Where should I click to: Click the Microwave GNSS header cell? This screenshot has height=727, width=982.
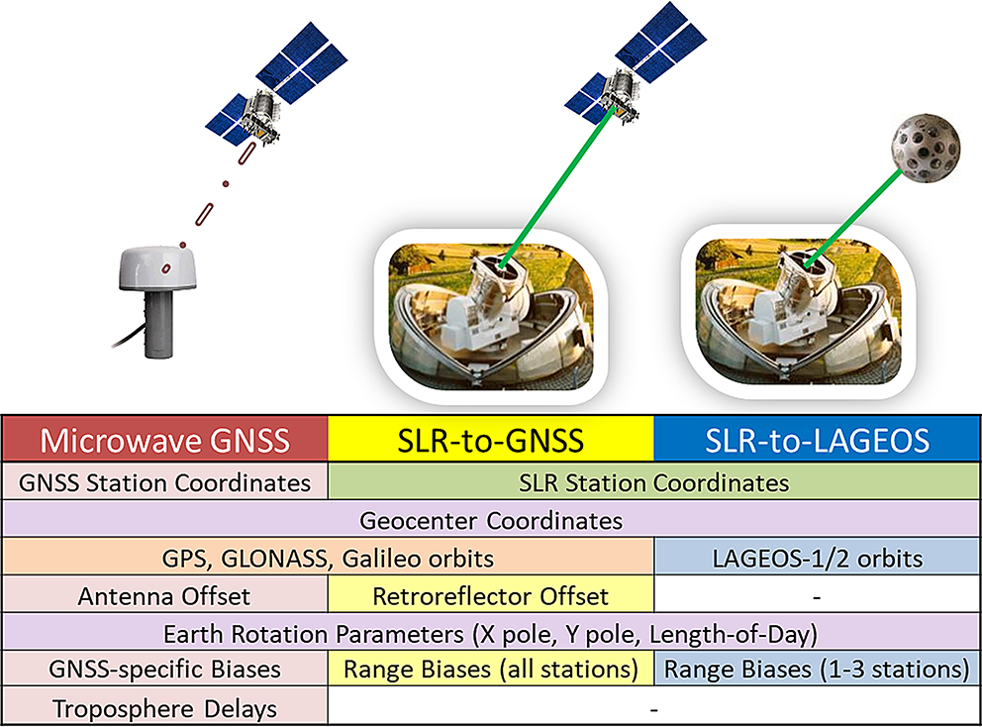165,440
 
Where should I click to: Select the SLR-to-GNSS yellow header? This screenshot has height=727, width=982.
491,440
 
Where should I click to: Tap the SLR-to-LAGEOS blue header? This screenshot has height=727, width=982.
817,440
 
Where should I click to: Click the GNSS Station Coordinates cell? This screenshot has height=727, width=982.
165,482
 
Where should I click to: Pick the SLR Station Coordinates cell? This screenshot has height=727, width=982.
653,482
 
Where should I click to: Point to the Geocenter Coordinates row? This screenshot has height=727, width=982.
491,520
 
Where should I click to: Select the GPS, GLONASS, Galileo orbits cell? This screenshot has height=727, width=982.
329,558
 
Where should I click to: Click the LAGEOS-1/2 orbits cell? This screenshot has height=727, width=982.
818,558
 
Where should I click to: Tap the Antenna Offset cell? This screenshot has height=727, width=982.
165,595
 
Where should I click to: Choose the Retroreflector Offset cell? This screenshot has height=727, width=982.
491,595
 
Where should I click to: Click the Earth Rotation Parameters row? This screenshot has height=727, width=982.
491,633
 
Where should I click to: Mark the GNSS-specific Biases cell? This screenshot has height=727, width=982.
165,669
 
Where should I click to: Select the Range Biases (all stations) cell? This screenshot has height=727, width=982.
491,669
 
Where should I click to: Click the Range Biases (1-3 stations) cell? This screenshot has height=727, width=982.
818,669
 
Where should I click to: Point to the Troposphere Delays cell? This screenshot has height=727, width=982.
165,707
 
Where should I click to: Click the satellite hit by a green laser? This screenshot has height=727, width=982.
636,64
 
